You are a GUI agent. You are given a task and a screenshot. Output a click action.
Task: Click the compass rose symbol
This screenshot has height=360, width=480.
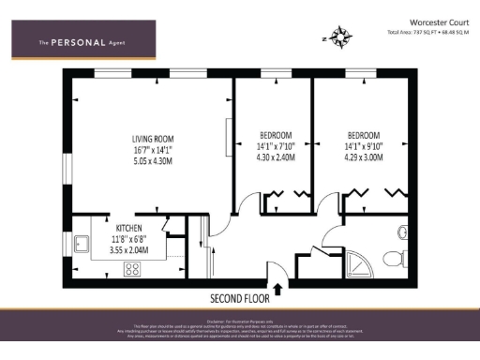coord(340,38)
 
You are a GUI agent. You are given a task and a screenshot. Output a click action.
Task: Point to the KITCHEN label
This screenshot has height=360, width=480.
coord(128,228)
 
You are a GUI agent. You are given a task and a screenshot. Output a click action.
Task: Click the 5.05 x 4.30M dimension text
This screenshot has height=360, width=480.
coord(152,161)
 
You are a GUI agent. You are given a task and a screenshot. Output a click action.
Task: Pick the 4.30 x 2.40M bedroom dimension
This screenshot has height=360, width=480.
coord(276,158)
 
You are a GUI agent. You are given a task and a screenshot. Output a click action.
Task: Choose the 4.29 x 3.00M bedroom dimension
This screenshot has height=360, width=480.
coord(366,158)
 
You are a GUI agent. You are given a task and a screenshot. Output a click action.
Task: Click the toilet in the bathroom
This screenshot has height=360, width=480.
coord(400,232)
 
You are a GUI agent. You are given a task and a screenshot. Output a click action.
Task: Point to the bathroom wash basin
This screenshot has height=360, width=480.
coord(400,266)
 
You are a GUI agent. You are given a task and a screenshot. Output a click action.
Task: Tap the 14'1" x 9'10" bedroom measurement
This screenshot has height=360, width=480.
coord(366,146)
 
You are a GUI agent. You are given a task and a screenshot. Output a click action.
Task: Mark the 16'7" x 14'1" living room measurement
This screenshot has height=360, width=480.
coord(152,148)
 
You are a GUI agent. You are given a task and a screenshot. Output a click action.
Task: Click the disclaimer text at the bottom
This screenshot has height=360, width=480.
coord(240,329)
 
